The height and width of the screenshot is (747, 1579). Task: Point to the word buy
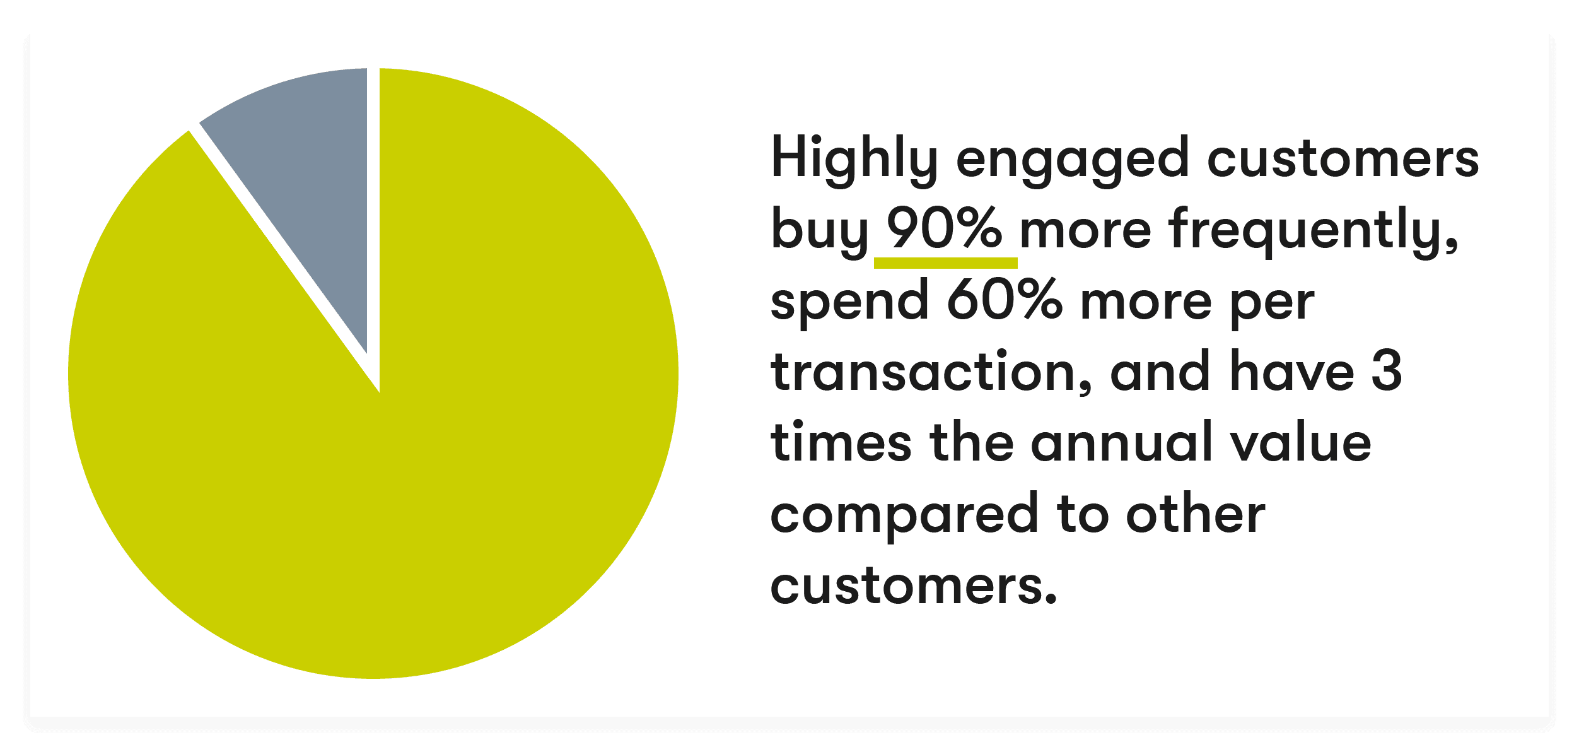point(820,230)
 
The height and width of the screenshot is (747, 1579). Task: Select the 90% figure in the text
point(945,228)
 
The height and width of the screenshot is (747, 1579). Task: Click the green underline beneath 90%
point(945,262)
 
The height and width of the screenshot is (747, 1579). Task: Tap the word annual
point(1122,442)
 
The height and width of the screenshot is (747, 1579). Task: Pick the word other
point(1196,514)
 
